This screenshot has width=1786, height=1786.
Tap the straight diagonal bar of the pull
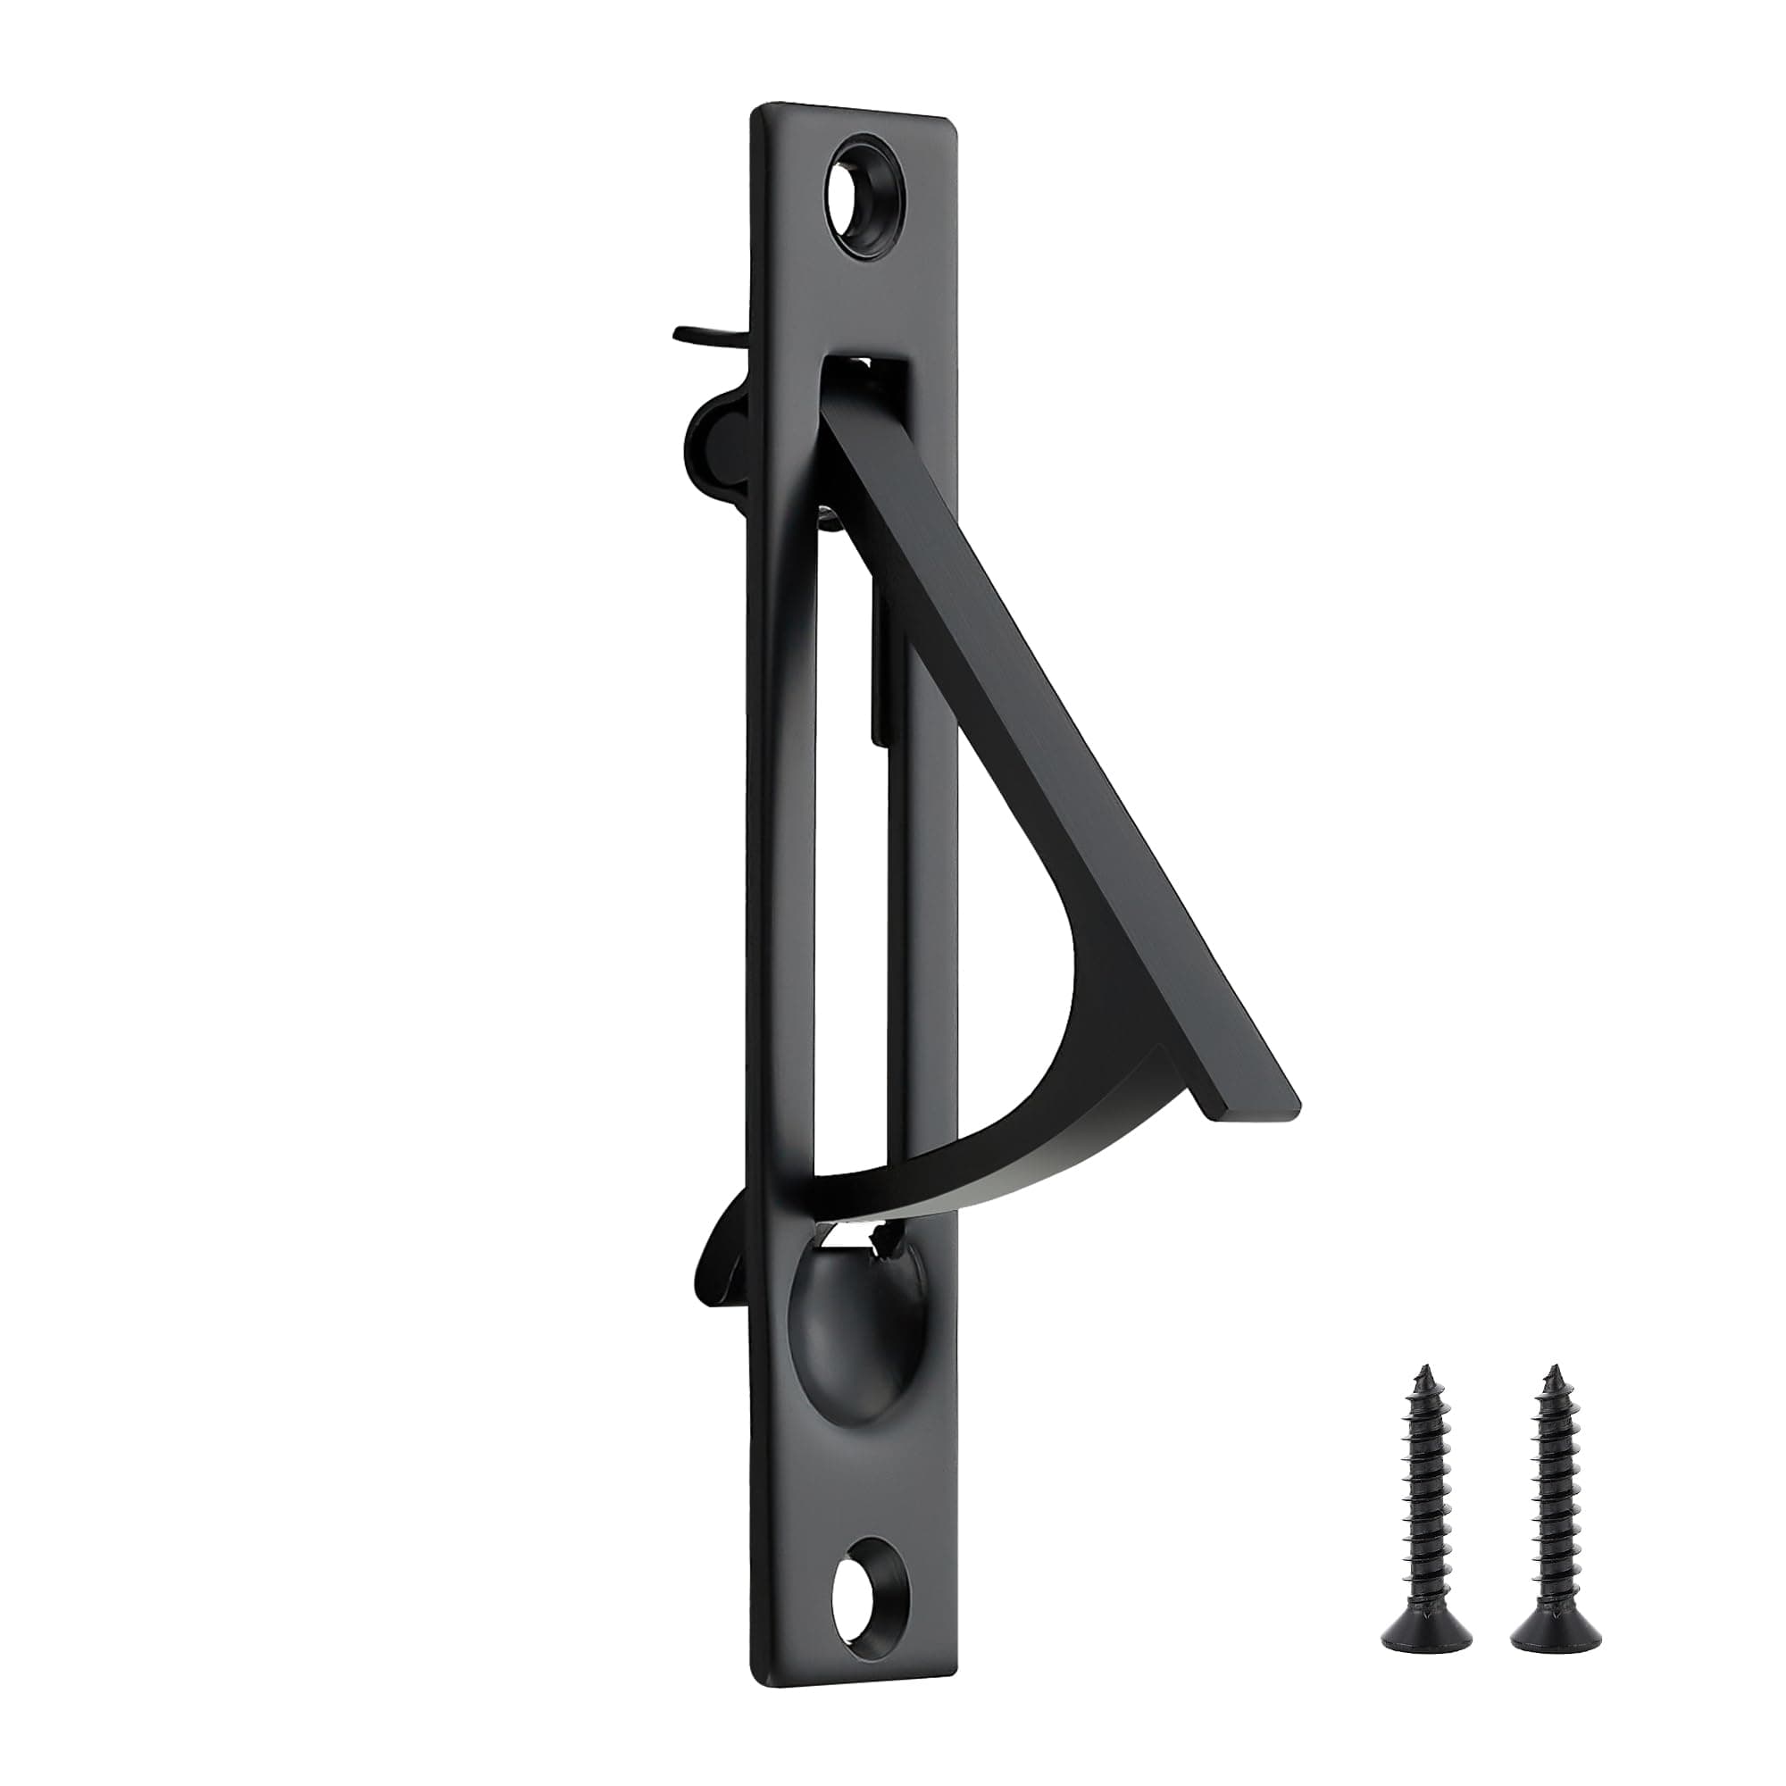click(x=1063, y=739)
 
